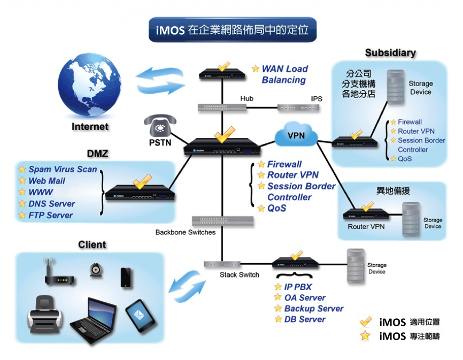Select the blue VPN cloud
click(296, 136)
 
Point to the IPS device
click(299, 108)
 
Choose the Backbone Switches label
click(186, 232)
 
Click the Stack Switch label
click(240, 275)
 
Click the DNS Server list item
click(52, 204)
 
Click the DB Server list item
click(305, 319)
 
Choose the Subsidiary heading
click(390, 52)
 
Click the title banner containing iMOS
click(232, 30)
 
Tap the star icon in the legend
click(366, 336)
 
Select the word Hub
click(246, 99)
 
